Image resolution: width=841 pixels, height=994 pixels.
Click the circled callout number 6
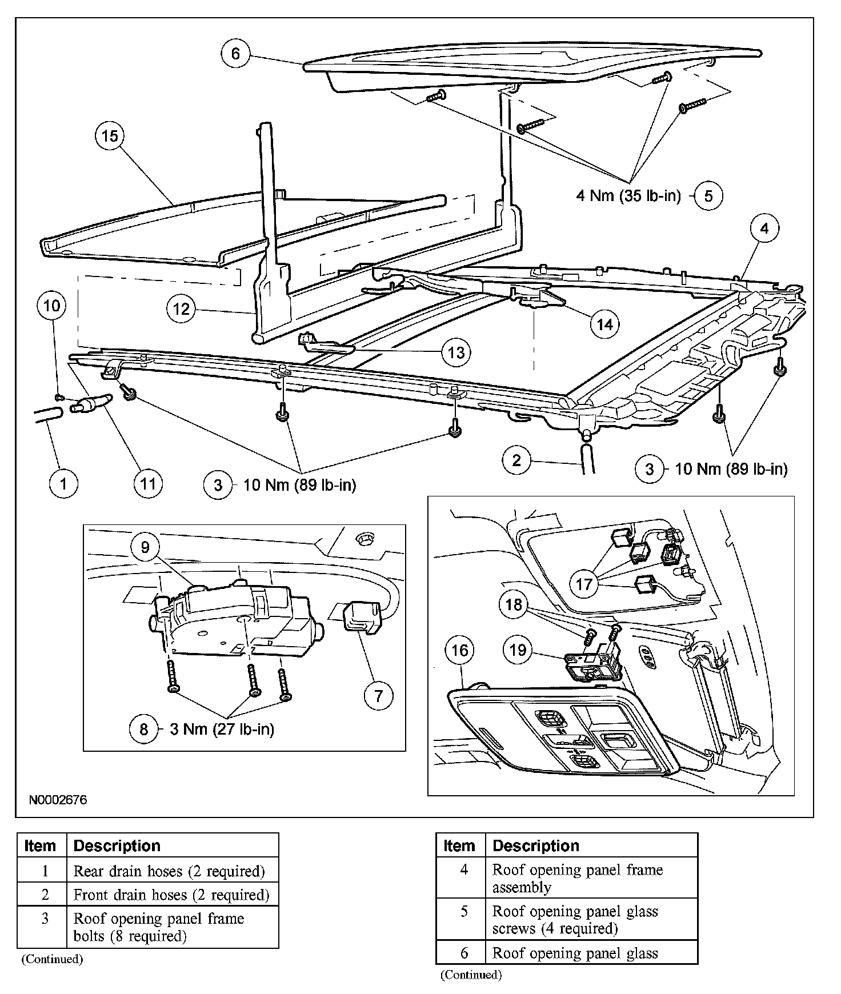tap(235, 54)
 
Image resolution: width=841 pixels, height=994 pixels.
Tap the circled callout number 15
tap(110, 136)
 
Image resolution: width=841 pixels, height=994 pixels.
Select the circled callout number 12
tap(181, 309)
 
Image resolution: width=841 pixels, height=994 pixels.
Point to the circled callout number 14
tap(604, 324)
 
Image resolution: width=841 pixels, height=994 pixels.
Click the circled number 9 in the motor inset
tap(145, 547)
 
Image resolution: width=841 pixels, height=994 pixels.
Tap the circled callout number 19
tap(518, 650)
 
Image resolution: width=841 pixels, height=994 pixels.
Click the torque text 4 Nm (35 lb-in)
tap(628, 196)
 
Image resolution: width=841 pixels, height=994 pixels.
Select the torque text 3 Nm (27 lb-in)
tap(222, 729)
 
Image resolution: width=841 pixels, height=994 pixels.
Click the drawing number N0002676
tap(58, 800)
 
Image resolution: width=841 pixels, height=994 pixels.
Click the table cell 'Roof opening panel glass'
tap(575, 953)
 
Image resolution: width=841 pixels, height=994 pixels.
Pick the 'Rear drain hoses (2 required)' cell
tap(169, 871)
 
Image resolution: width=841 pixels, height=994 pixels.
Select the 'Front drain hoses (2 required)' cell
tap(171, 895)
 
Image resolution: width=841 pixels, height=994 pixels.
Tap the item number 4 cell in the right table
tap(463, 869)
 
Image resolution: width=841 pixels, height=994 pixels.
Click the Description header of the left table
tap(117, 845)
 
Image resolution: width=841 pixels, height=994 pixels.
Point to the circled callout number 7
tap(378, 696)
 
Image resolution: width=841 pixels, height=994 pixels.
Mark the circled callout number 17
tap(584, 584)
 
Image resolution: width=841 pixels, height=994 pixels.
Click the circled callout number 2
tap(516, 460)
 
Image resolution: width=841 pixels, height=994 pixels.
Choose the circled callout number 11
tap(148, 484)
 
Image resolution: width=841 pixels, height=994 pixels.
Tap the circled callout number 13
tap(456, 352)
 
